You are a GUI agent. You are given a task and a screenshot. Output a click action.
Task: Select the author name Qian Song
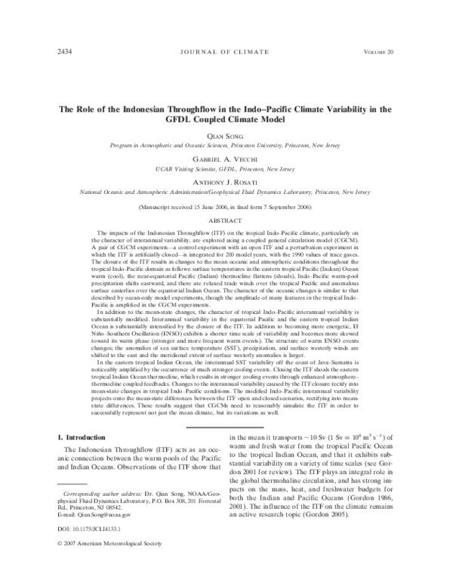pyautogui.click(x=226, y=128)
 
